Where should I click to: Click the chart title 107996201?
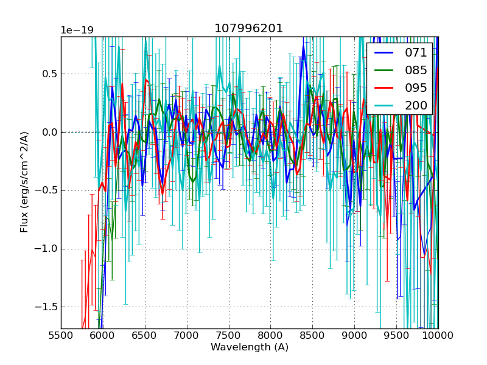(x=248, y=29)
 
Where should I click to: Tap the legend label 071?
(x=416, y=53)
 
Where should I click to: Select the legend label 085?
(x=416, y=71)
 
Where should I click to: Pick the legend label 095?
(x=416, y=88)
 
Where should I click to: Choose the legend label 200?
(x=416, y=106)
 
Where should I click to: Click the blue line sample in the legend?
(x=384, y=53)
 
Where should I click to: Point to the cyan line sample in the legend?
(x=384, y=106)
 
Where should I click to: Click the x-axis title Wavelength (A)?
(x=250, y=347)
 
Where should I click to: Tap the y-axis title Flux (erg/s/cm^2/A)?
(x=24, y=181)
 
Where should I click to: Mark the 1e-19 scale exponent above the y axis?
(x=77, y=30)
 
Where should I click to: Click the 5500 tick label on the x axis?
(x=61, y=335)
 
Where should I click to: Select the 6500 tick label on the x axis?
(x=145, y=335)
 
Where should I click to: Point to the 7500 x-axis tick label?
(x=229, y=335)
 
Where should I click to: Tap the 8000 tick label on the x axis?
(x=270, y=335)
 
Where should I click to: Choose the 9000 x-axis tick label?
(x=354, y=335)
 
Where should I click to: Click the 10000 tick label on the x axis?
(x=438, y=335)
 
